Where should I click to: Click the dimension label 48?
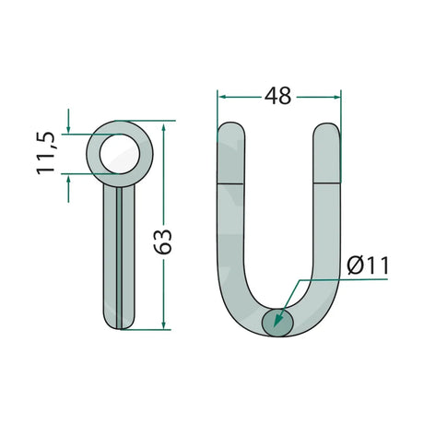coord(277,96)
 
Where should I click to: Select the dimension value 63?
coord(163,241)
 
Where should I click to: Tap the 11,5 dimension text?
coord(46,153)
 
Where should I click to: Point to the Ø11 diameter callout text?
coord(368,265)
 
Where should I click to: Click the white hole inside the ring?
coord(120,154)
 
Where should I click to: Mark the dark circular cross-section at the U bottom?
coord(277,323)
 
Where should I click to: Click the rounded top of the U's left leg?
coord(231,129)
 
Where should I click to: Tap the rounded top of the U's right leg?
coord(327,129)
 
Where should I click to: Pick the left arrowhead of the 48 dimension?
coord(222,97)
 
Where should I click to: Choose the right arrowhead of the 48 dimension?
coord(336,97)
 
